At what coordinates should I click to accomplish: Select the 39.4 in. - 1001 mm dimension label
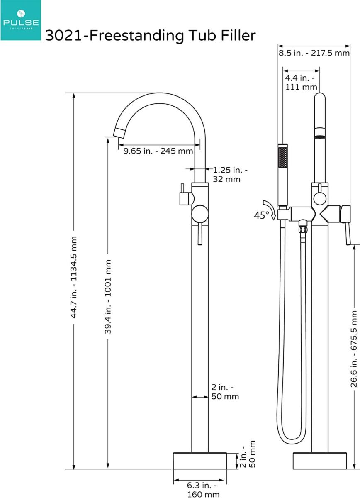point(108,296)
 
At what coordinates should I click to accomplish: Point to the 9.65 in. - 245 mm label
point(158,151)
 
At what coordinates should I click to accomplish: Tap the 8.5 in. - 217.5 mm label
point(314,54)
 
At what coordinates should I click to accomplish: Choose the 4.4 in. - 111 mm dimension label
point(301,82)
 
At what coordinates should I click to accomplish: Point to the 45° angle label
point(261,215)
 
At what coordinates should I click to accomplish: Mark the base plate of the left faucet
point(200,460)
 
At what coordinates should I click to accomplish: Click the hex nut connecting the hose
point(303,228)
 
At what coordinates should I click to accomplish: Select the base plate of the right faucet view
point(320,460)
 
